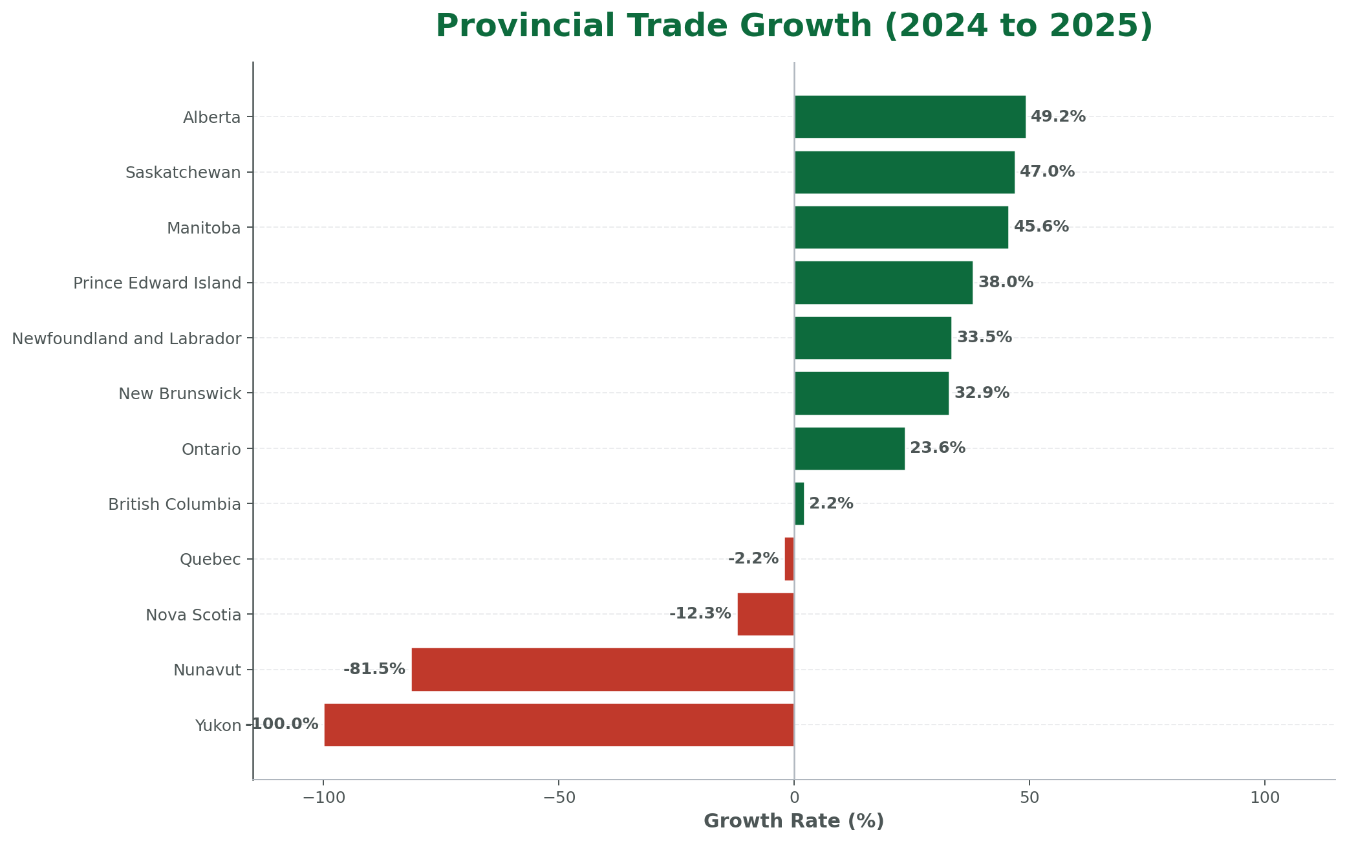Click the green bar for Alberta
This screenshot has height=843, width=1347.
pos(909,117)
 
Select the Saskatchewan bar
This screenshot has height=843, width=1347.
pos(904,172)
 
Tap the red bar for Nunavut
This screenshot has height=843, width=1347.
pos(602,670)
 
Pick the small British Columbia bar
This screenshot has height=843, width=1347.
pos(799,504)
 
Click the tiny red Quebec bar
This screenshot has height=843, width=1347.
pos(789,559)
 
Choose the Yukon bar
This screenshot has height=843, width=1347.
pos(559,725)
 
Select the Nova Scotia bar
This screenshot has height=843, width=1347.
pos(765,614)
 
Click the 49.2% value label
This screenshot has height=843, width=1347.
pos(1058,117)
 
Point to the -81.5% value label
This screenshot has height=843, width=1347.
pos(374,670)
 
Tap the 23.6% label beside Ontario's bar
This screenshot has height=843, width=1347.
pos(938,448)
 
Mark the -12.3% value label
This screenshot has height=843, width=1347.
pos(700,614)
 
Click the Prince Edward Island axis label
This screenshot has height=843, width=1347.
pos(157,283)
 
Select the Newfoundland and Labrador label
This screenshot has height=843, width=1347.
pos(127,338)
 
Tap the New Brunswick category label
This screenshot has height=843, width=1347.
pos(180,393)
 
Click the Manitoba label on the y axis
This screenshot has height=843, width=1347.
pos(204,228)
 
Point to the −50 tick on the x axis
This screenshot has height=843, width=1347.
pos(558,798)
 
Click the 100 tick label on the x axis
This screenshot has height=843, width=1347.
pos(1265,798)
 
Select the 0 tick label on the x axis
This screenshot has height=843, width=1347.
pos(794,798)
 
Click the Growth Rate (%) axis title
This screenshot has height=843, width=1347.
pos(793,822)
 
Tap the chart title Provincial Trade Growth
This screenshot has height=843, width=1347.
pos(793,26)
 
